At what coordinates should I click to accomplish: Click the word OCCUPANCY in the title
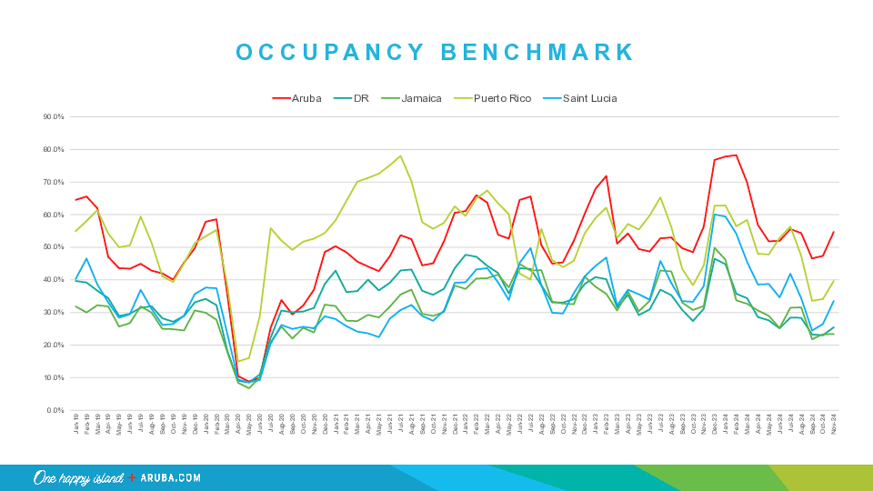tap(330, 52)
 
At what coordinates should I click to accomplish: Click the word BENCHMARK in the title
tap(537, 52)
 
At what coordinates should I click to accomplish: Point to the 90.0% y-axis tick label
tap(54, 117)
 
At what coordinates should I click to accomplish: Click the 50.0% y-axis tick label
tap(54, 247)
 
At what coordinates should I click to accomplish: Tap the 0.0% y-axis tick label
tap(55, 411)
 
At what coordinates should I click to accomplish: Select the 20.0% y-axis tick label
tap(54, 345)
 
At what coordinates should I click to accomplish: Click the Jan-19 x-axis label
tap(76, 424)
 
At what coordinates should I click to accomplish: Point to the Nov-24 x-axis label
tap(833, 424)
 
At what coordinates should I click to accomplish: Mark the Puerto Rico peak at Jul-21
tap(400, 156)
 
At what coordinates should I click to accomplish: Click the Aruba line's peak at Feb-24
tap(736, 155)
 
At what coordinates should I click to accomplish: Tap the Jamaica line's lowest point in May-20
tap(249, 388)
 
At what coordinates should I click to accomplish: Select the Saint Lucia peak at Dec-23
tap(714, 215)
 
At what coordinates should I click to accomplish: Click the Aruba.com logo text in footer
tap(171, 478)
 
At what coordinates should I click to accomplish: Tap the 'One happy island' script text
tap(78, 478)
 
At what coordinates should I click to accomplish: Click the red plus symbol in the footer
tap(132, 477)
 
